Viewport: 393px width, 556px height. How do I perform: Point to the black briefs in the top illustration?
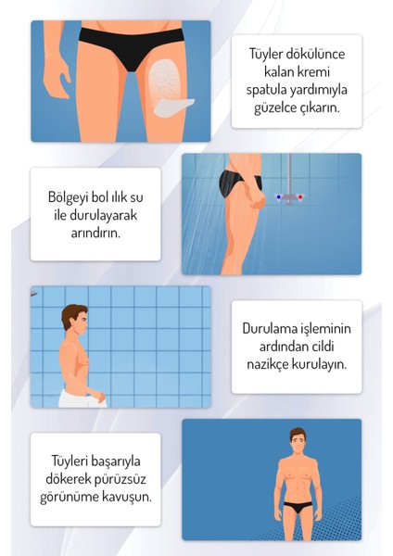121,41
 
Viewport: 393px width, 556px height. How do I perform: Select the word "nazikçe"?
266,363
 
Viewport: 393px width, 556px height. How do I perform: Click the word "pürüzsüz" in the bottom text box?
121,476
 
